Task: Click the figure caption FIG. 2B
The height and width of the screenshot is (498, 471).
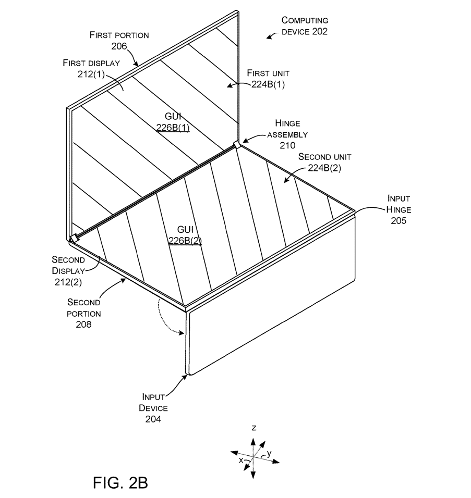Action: pos(120,482)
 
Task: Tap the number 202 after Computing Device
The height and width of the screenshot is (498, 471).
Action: pos(317,31)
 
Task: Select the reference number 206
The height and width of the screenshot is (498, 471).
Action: pos(119,46)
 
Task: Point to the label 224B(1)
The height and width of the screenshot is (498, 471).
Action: pos(271,84)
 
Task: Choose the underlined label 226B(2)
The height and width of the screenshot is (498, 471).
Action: pos(185,240)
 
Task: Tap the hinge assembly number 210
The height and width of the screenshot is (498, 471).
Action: pos(287,145)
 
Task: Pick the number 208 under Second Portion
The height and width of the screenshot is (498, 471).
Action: pos(84,324)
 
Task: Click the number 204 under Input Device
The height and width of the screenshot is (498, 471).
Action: pos(150,418)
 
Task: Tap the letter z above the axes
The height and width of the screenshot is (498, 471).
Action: pos(253,428)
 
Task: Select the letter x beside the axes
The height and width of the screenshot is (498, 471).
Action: pos(240,460)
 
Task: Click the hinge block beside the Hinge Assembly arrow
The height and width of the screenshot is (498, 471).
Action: pos(237,144)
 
